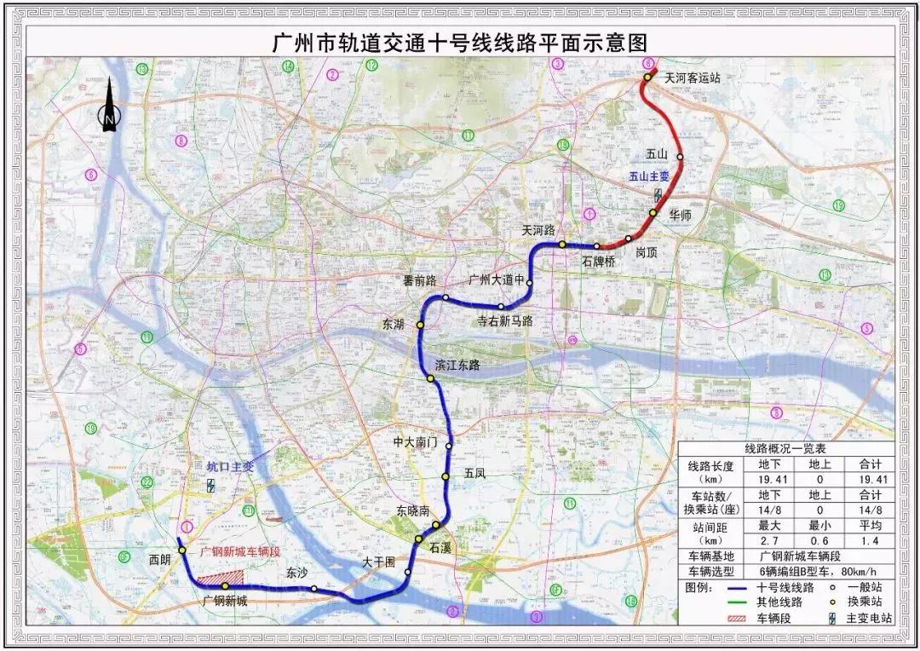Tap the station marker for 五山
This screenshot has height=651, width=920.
[x=680, y=157]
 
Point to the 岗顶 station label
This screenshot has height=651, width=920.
[x=647, y=253]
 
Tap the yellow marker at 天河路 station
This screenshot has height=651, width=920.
[x=562, y=245]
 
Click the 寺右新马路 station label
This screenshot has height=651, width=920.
[x=504, y=320]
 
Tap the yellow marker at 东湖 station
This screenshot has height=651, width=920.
[x=420, y=325]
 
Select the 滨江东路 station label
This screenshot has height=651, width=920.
[x=457, y=365]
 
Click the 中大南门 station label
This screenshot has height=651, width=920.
[x=415, y=443]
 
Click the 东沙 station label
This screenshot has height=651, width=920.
[x=296, y=573]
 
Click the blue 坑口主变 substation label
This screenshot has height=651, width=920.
[x=231, y=467]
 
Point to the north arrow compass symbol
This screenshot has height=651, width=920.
[x=110, y=106]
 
